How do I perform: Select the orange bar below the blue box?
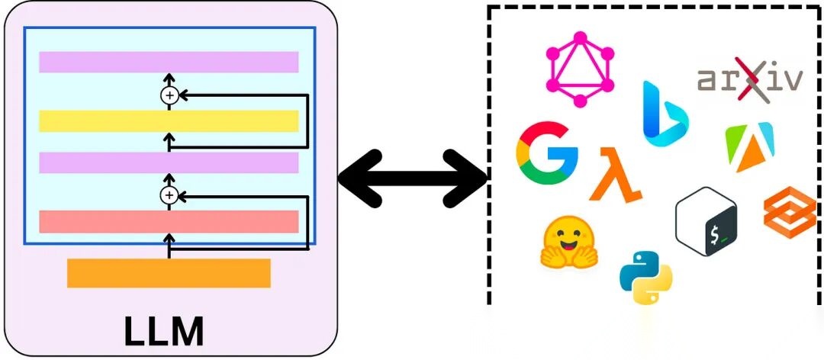pyautogui.click(x=169, y=273)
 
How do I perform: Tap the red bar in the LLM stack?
pyautogui.click(x=169, y=221)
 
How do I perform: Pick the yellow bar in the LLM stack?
pyautogui.click(x=169, y=121)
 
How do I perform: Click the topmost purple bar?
pyautogui.click(x=169, y=62)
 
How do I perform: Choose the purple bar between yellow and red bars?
pyautogui.click(x=169, y=162)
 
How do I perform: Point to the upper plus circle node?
pyautogui.click(x=169, y=95)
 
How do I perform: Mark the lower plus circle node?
pyautogui.click(x=169, y=196)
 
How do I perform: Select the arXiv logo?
pyautogui.click(x=750, y=79)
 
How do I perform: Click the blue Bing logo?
pyautogui.click(x=663, y=114)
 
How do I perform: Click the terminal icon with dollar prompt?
pyautogui.click(x=707, y=221)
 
